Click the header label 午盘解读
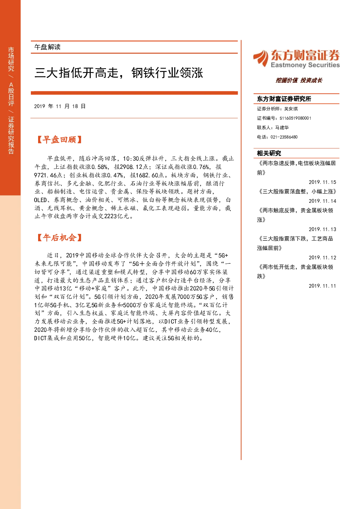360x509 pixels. click(x=47, y=47)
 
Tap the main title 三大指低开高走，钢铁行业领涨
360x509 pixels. click(x=119, y=73)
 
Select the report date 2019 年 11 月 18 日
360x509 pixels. click(x=60, y=106)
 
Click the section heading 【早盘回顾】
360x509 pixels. click(x=59, y=140)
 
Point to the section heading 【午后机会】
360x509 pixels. click(x=59, y=238)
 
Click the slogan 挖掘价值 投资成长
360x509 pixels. click(x=299, y=80)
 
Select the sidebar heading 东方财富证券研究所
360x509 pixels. click(x=284, y=99)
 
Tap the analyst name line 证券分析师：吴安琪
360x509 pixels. click(x=277, y=109)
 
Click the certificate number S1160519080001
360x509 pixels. click(x=295, y=118)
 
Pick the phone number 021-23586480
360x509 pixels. click(x=284, y=137)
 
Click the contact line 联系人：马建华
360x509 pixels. click(x=273, y=127)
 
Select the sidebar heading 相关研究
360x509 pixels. click(x=269, y=153)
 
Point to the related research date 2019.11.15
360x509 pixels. click(x=322, y=182)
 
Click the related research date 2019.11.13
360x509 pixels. click(x=322, y=229)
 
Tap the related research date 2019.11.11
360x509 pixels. click(x=322, y=286)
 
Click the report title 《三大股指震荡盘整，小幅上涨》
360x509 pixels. click(x=297, y=192)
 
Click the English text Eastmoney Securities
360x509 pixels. click(x=305, y=65)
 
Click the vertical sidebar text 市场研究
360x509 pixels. click(x=11, y=59)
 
